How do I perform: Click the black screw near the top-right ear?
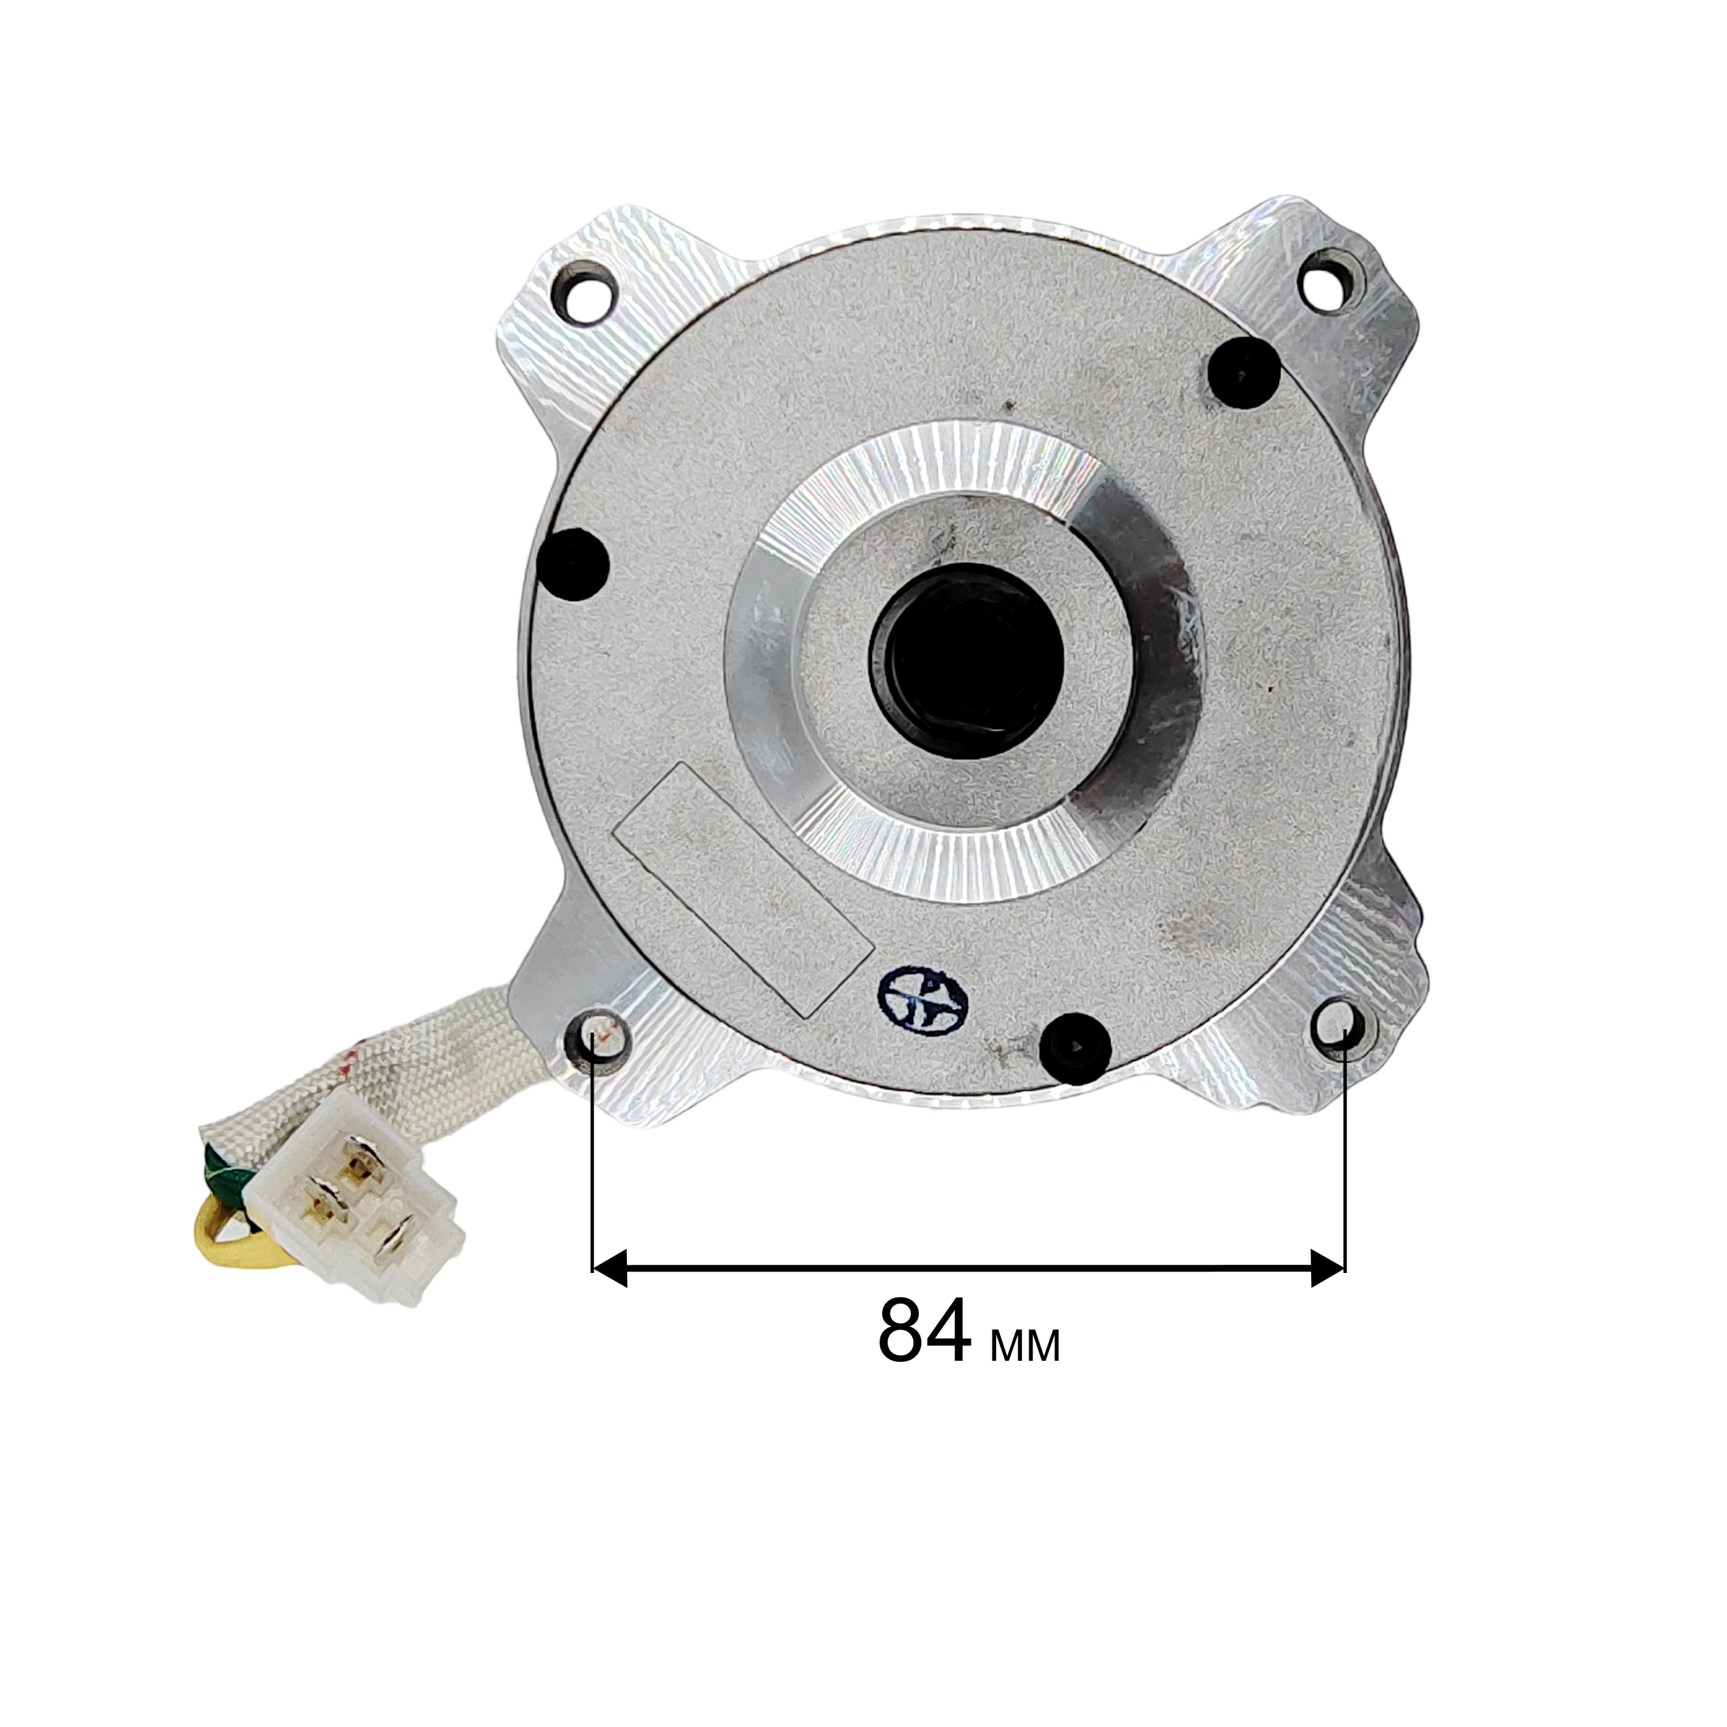(1244, 374)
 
